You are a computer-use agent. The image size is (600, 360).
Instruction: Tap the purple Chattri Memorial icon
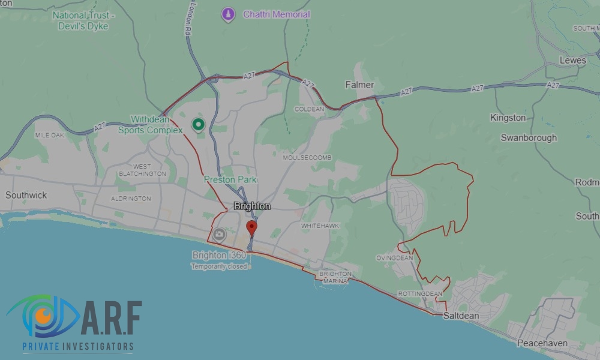(228, 14)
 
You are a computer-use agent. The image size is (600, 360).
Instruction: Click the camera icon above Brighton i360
(219, 235)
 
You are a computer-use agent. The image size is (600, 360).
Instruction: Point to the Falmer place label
(359, 85)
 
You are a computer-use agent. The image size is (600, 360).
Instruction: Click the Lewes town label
(572, 61)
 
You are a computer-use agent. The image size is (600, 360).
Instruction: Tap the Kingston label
(508, 118)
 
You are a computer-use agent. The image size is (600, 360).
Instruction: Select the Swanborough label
(529, 137)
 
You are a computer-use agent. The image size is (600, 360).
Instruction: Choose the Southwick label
(26, 195)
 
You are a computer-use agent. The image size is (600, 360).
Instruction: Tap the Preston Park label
(230, 179)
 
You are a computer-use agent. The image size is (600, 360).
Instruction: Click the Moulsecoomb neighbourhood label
(307, 158)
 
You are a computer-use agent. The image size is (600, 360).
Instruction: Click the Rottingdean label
(419, 293)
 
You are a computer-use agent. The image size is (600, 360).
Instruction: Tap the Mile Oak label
(49, 136)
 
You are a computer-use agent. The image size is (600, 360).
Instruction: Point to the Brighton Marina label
(335, 277)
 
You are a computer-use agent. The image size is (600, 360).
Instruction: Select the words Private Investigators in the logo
(70, 346)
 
